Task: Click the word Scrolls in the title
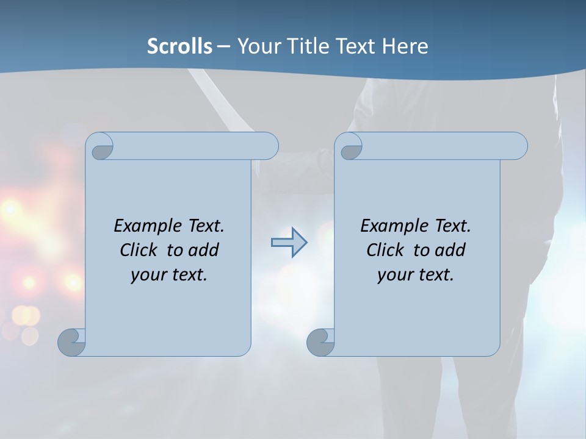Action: pyautogui.click(x=179, y=46)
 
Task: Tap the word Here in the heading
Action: pyautogui.click(x=405, y=46)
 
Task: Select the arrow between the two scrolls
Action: pyautogui.click(x=289, y=242)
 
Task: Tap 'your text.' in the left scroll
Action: pyautogui.click(x=169, y=274)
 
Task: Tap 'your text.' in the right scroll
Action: pyautogui.click(x=416, y=274)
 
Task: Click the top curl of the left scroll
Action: pyautogui.click(x=101, y=147)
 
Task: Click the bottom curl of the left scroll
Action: pyautogui.click(x=71, y=341)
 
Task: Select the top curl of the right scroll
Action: pyautogui.click(x=351, y=147)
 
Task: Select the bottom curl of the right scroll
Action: pyautogui.click(x=320, y=341)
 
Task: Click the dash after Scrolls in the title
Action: pyautogui.click(x=223, y=46)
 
